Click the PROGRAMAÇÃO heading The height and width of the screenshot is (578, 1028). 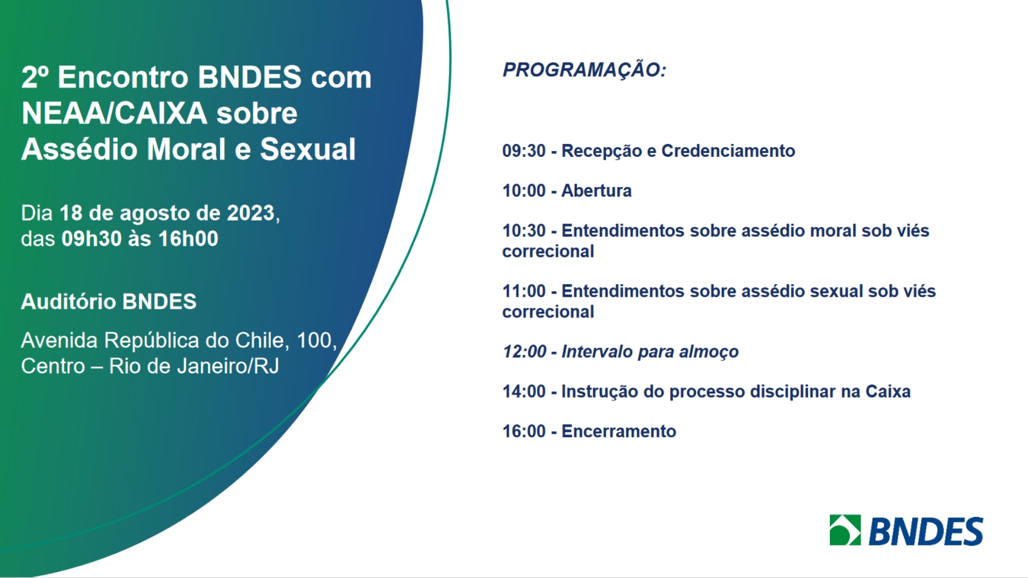[x=584, y=70]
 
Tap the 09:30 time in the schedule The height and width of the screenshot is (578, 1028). [x=524, y=151]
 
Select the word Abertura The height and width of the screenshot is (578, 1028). [x=596, y=191]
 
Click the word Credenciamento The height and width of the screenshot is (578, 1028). [x=728, y=151]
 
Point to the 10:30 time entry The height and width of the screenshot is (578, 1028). [x=524, y=231]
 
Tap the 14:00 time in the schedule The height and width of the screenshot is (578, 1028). [x=524, y=392]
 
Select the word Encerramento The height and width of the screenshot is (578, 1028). [x=618, y=432]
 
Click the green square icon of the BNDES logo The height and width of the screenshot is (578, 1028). [x=845, y=530]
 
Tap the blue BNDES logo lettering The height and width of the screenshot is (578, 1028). [x=926, y=531]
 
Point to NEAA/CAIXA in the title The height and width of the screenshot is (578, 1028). [x=114, y=113]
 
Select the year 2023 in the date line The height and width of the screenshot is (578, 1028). [x=251, y=214]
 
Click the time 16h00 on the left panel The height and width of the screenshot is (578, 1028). [x=188, y=239]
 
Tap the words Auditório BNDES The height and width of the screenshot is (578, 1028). [x=109, y=302]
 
